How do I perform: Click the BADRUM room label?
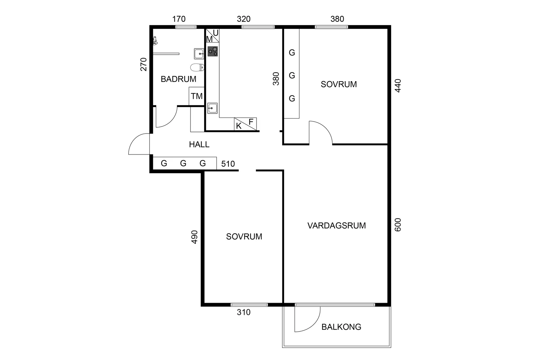coord(178,79)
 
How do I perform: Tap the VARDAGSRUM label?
coord(336,226)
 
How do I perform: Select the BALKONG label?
coord(341,327)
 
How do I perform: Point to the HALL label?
coord(199,144)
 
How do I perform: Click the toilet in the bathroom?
coord(197,67)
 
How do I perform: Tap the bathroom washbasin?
coord(199,54)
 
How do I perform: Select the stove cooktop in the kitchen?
coord(213,51)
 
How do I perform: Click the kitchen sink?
coord(212,108)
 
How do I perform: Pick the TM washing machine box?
coord(197,96)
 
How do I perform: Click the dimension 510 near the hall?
coord(228,164)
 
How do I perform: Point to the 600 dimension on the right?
coord(398,225)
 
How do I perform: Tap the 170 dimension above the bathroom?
coord(179,19)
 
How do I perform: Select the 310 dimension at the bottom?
coord(243,312)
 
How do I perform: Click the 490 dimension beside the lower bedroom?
coord(194,237)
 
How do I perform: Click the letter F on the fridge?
coord(251,122)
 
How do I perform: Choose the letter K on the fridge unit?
coord(239,126)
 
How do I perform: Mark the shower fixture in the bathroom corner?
coord(155,41)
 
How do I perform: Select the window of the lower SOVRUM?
coord(249,305)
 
